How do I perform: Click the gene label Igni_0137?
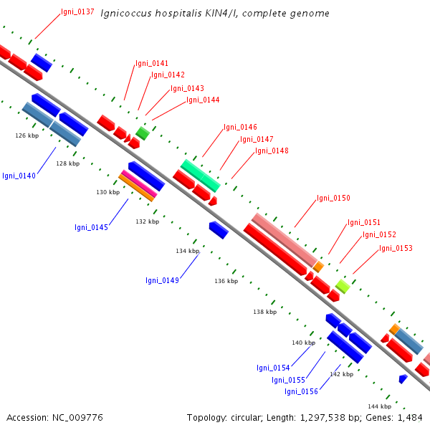pos(77,11)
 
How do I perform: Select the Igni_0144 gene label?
pos(203,100)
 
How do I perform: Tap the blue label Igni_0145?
pos(91,227)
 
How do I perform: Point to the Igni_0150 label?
pos(333,198)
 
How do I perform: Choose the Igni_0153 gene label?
pos(396,248)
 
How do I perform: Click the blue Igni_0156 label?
pos(302,391)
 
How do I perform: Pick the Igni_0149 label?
pos(163,280)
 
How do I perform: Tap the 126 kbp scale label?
pos(27,135)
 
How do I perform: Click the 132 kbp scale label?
pos(147,221)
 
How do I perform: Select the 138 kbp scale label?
pos(265,312)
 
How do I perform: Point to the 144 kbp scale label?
pos(380,406)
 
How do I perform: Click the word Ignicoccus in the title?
pos(126,14)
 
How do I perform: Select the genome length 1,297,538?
pos(322,418)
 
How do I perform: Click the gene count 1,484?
pos(410,418)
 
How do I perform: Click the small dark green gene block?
pos(143,133)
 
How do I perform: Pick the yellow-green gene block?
pos(343,286)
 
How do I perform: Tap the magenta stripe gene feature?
pos(139,183)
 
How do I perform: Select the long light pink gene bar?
pos(285,240)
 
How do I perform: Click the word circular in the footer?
pos(246,418)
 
